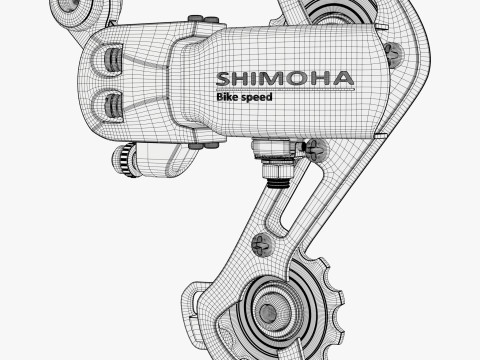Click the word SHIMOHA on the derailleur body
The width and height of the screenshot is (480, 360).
285,79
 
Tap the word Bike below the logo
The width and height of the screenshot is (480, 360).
227,97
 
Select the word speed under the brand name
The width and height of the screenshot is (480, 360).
257,97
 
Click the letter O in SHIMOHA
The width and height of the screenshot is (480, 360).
298,79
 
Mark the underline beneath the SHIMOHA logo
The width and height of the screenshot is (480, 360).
285,90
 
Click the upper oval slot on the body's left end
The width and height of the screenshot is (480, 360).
113,60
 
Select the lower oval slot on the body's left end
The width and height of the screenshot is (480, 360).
113,106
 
